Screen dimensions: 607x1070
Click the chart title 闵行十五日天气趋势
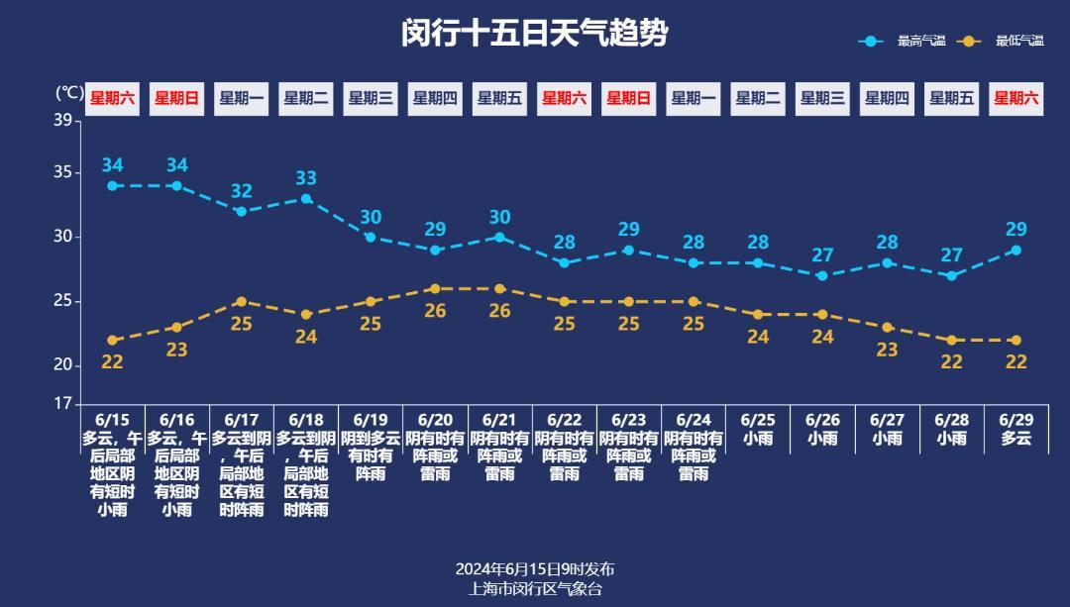[535, 33]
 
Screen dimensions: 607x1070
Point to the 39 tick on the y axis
[63, 121]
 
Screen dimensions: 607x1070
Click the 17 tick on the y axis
[63, 403]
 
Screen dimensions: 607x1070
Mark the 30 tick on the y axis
[63, 237]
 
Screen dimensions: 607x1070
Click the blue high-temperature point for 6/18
[306, 198]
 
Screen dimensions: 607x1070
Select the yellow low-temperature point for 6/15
[112, 340]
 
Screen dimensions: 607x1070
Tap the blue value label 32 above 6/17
[242, 191]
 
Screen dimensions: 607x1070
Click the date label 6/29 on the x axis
[1016, 420]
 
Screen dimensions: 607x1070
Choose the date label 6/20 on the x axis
[435, 420]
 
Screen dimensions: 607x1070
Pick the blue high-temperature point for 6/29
[1016, 250]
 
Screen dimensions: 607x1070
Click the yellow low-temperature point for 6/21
[500, 288]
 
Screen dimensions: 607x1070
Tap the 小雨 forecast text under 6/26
[822, 438]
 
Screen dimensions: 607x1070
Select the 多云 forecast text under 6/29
[1016, 438]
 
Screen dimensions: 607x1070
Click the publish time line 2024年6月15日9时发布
[535, 569]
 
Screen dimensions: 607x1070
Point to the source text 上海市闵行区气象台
[535, 588]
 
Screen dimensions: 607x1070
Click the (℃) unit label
[69, 92]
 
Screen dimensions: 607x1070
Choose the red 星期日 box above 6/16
[176, 98]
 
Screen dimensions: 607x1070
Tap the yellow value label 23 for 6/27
[887, 349]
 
